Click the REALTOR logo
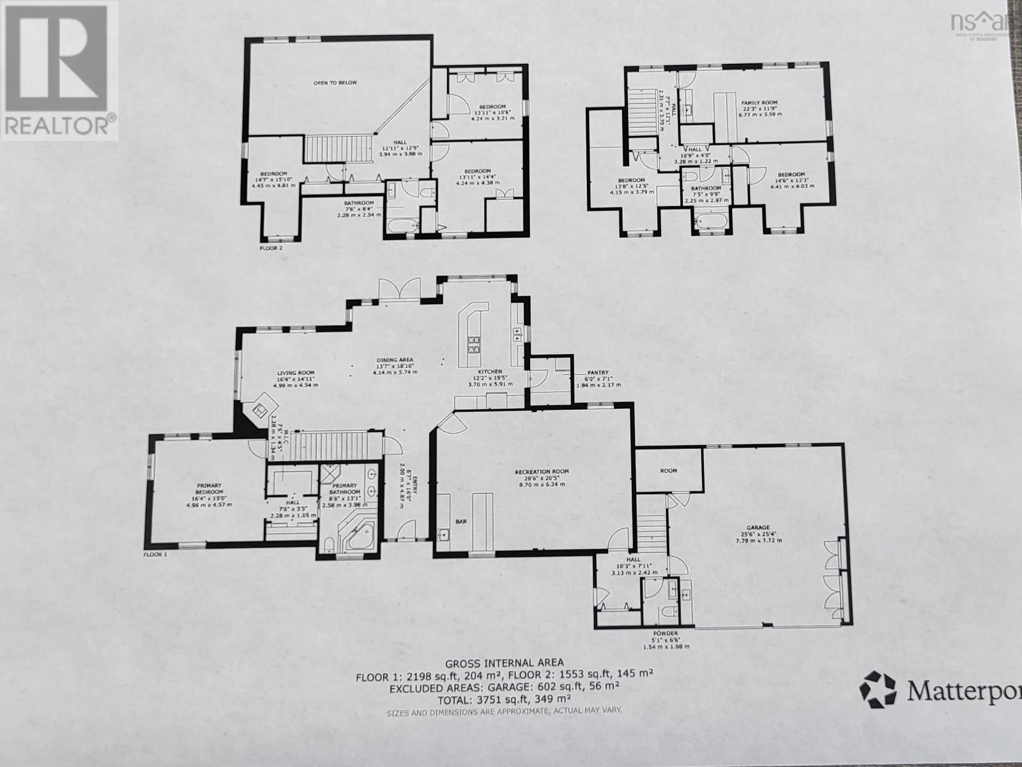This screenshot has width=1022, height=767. point(59,70)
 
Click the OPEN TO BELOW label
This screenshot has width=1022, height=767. point(335,82)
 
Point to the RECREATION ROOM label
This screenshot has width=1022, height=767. point(542,472)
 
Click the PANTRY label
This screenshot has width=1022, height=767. point(598,373)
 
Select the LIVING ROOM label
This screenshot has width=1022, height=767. point(296,373)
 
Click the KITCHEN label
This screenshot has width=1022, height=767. point(491,371)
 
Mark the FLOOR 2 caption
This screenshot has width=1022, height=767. point(271,247)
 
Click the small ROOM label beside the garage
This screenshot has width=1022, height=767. point(668,470)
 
